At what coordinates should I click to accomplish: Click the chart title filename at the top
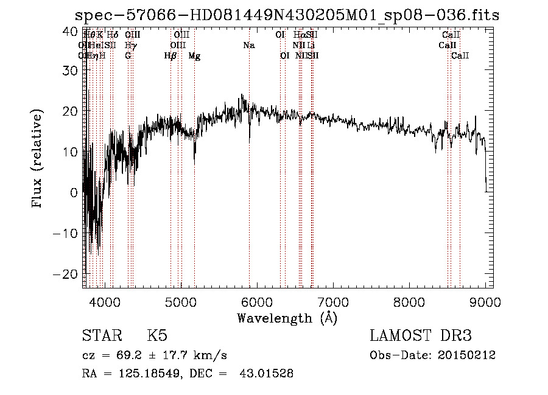(x=287, y=15)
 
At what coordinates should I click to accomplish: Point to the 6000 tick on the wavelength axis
(x=256, y=301)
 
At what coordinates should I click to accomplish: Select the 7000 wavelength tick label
(x=332, y=301)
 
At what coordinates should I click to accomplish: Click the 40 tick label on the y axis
(x=70, y=30)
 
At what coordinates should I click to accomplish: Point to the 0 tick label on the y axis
(x=74, y=192)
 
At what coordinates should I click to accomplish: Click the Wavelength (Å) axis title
(x=287, y=318)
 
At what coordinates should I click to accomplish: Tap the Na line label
(x=248, y=46)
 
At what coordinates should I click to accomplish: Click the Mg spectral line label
(x=194, y=56)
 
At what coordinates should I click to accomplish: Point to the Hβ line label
(x=170, y=56)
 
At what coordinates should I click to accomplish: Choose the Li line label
(x=311, y=46)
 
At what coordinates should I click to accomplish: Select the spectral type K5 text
(x=157, y=337)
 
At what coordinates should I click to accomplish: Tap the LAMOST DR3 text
(x=421, y=336)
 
